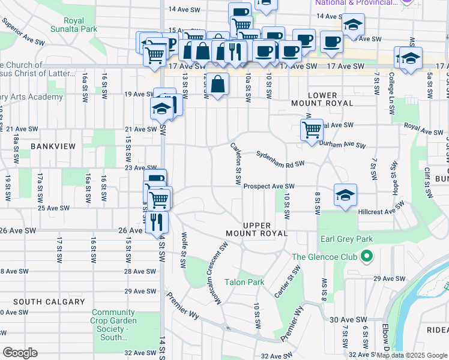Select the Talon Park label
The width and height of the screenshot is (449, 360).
[244, 282]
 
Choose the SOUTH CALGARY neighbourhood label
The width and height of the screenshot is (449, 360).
[41, 302]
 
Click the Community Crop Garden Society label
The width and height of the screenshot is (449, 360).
[114, 325]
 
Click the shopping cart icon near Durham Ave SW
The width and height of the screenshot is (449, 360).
[312, 129]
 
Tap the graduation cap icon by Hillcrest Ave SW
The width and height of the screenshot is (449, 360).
[345, 195]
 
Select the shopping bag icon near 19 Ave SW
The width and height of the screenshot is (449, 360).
[218, 84]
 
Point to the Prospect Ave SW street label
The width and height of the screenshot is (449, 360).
[269, 187]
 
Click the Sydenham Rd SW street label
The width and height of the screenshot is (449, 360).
[280, 158]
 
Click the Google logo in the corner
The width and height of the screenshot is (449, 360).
[20, 353]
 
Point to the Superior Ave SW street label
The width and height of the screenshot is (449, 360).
[24, 35]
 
